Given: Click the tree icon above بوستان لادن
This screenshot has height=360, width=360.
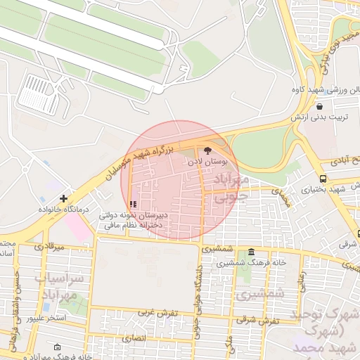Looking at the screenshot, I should click(207, 150).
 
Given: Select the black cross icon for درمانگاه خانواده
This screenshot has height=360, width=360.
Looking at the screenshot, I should click(64, 199).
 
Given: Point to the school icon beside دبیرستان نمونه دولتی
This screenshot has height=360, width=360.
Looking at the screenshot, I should click(134, 205).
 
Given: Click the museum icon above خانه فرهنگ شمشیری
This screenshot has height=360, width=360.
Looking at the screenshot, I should click(251, 252).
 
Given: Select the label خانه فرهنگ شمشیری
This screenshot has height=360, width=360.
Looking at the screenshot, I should click(251, 262).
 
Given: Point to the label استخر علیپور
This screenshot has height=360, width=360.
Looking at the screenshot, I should click(46, 319).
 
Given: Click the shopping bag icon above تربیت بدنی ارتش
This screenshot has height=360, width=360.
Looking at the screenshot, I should click(319, 106).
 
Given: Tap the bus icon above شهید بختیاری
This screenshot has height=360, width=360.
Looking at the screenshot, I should click(323, 179).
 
